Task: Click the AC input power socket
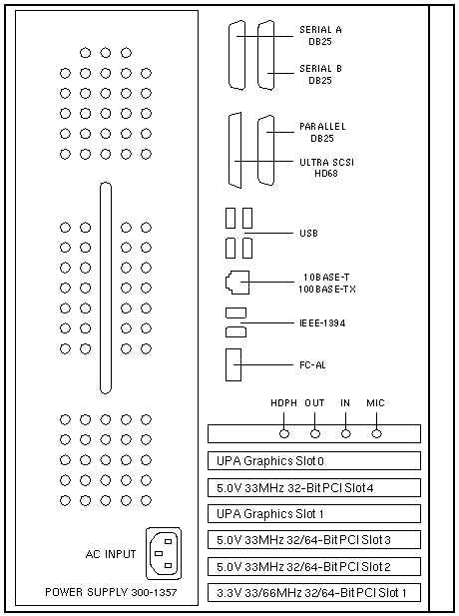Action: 164,553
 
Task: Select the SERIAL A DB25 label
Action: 320,35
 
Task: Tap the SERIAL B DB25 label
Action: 320,74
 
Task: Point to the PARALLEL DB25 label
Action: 322,133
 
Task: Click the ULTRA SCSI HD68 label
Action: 326,168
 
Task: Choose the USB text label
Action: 308,233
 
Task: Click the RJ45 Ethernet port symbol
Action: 237,283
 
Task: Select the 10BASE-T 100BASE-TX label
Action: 326,284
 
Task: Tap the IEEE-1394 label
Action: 322,322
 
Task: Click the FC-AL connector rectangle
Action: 233,365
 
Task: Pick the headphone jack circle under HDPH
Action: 284,433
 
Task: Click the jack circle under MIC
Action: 376,433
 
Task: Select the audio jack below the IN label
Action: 346,433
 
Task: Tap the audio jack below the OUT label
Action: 315,433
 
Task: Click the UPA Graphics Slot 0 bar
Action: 314,461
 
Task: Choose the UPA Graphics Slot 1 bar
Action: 314,514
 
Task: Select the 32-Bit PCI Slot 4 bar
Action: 314,487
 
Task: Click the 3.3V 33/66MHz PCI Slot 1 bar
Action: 314,592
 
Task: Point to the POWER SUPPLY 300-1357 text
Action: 111,592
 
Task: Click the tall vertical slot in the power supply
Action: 106,288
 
